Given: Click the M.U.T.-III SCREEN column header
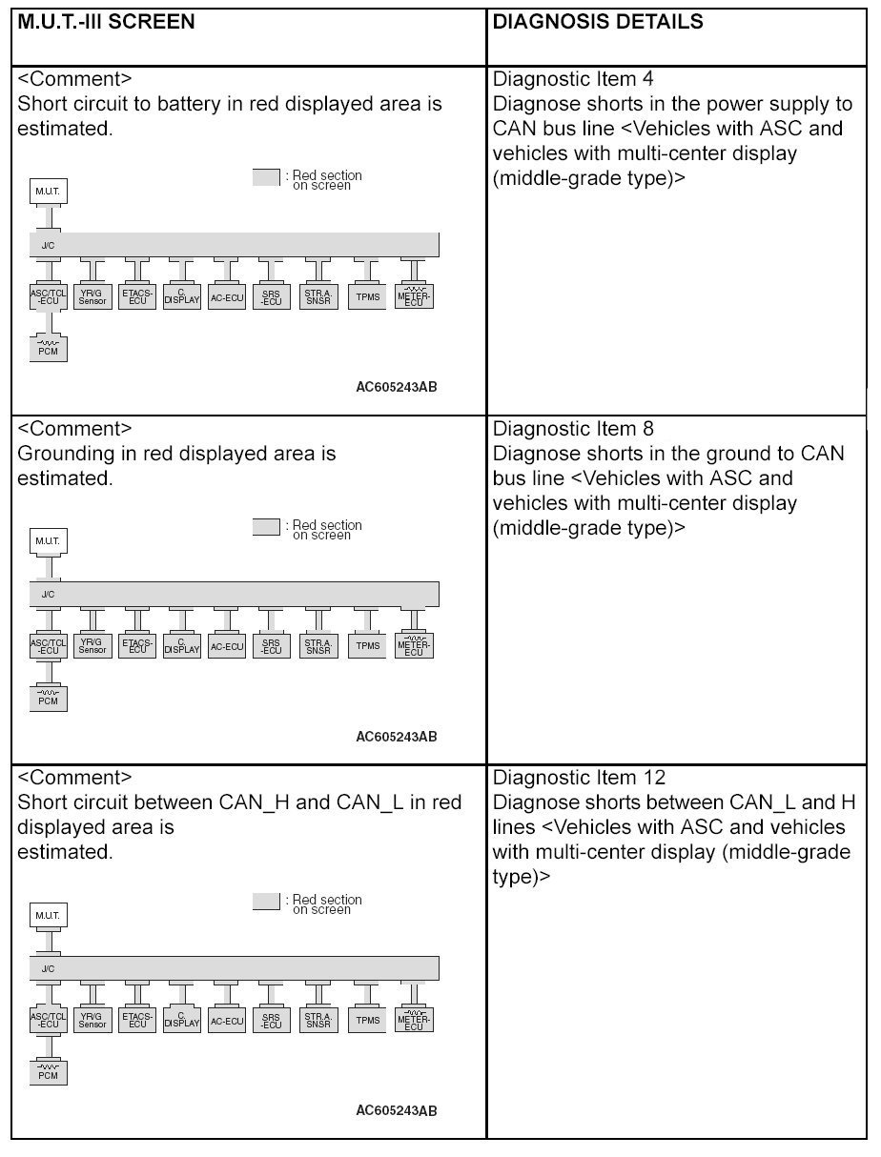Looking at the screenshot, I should pyautogui.click(x=106, y=21).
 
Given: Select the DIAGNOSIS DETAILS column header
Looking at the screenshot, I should pyautogui.click(x=598, y=21).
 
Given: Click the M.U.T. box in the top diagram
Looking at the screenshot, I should pyautogui.click(x=48, y=192).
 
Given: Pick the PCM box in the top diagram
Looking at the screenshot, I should pyautogui.click(x=48, y=349).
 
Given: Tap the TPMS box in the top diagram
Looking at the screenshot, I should pyautogui.click(x=367, y=296).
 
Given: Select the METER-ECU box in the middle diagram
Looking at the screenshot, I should pyautogui.click(x=413, y=645).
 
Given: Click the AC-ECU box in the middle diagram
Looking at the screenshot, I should pyautogui.click(x=227, y=646).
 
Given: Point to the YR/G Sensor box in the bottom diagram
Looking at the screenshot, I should pyautogui.click(x=92, y=1020).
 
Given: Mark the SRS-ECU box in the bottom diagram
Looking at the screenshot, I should pyautogui.click(x=272, y=1020).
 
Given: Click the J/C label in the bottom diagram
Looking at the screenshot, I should pyautogui.click(x=48, y=968).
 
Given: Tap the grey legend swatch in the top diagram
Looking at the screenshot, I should pyautogui.click(x=266, y=177).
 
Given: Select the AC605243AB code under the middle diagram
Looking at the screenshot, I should pyautogui.click(x=396, y=737).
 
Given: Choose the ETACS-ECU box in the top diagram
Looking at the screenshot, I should pyautogui.click(x=137, y=296).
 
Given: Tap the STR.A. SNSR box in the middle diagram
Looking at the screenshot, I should pyautogui.click(x=318, y=646).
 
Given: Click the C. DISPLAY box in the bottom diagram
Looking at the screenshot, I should pyautogui.click(x=181, y=1020).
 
